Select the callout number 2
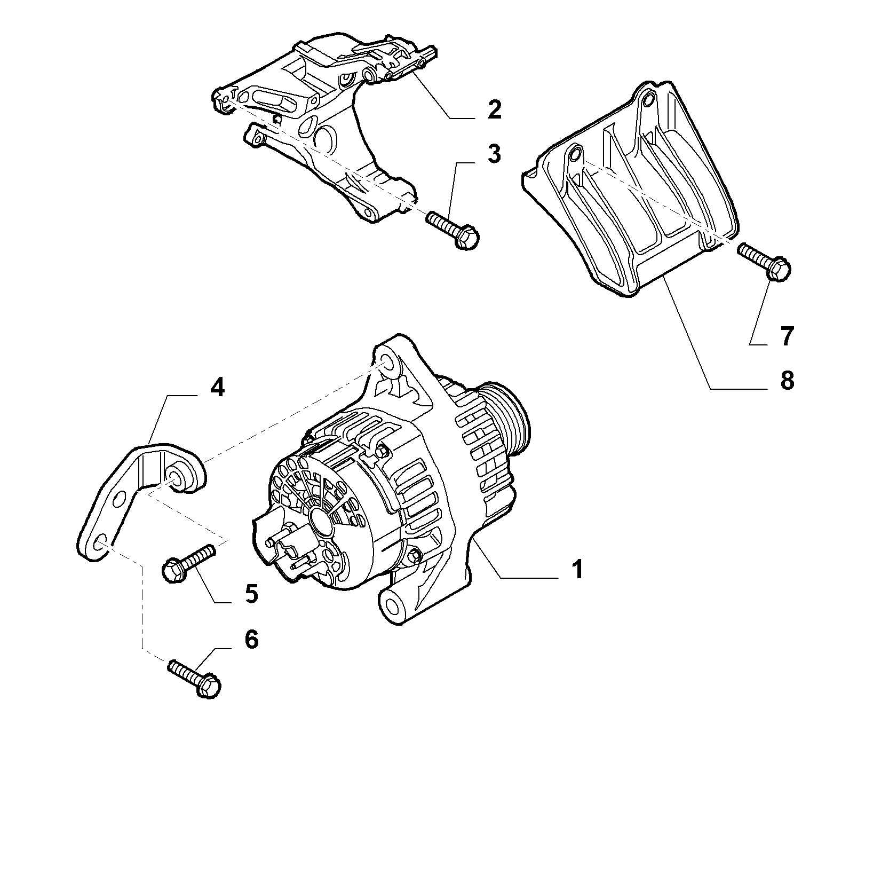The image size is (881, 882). click(x=494, y=109)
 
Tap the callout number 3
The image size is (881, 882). click(x=494, y=153)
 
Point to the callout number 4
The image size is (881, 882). click(x=217, y=388)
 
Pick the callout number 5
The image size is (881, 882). click(x=251, y=593)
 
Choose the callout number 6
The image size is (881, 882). click(x=250, y=639)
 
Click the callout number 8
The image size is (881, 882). click(x=787, y=381)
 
